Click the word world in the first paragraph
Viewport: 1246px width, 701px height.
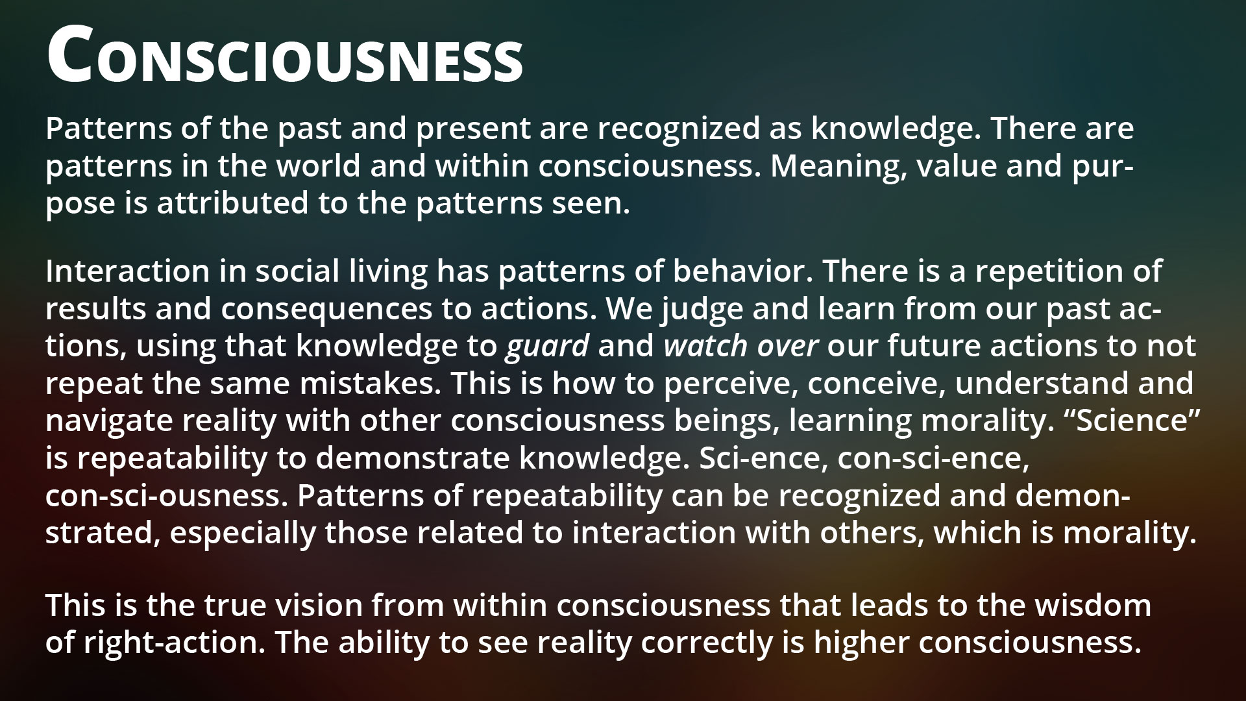(319, 166)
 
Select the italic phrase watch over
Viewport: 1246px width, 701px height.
(741, 347)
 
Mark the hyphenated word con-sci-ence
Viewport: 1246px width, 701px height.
(933, 458)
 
